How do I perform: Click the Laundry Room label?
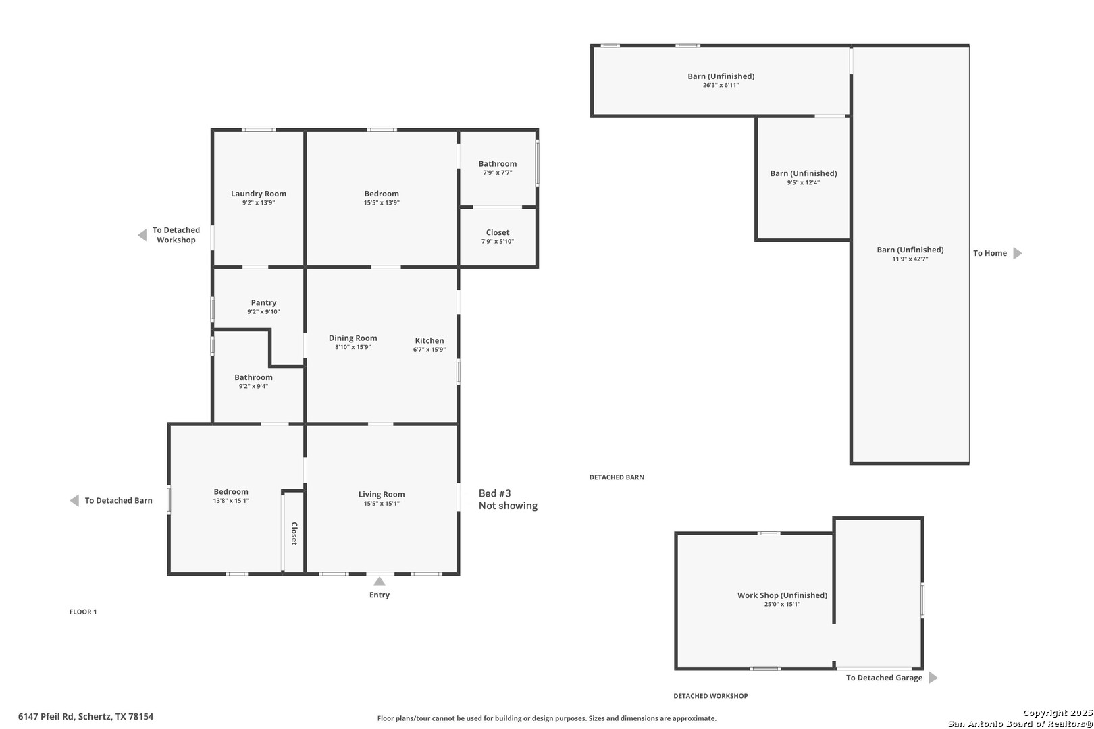[x=259, y=194]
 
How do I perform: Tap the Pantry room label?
[x=263, y=303]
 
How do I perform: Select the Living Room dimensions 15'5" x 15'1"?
[x=382, y=504]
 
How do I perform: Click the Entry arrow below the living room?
[x=380, y=582]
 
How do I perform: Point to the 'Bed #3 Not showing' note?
[x=508, y=500]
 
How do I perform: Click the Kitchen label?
[x=429, y=341]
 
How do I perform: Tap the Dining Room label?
[x=353, y=338]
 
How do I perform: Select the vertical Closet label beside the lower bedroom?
[x=294, y=533]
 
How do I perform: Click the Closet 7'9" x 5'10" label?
[x=498, y=236]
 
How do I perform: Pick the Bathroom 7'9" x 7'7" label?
[x=498, y=167]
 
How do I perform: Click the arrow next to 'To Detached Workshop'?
[x=142, y=235]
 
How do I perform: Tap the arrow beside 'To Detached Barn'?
[x=74, y=501]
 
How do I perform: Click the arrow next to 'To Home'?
[x=1018, y=253]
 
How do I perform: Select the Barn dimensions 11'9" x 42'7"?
[x=910, y=259]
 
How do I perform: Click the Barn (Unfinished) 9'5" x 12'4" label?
[x=804, y=178]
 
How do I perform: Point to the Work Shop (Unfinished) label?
[x=782, y=595]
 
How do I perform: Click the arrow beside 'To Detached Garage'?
[x=933, y=678]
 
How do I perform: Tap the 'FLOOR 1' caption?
[x=83, y=612]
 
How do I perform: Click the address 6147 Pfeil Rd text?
[x=86, y=717]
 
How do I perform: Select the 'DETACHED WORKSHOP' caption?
[x=710, y=696]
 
